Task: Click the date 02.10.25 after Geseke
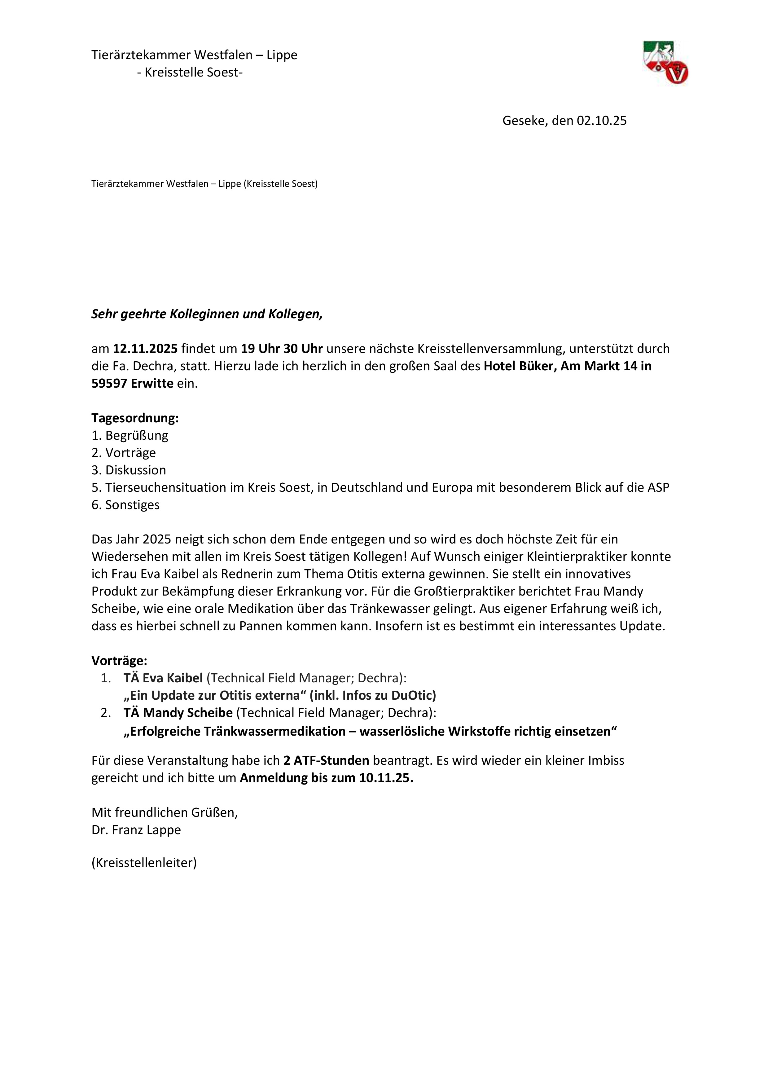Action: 601,121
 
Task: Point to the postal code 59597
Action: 109,384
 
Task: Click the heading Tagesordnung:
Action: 135,418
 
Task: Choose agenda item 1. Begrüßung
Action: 130,436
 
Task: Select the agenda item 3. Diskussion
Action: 129,470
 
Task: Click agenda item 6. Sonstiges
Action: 125,505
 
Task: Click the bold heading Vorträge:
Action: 119,660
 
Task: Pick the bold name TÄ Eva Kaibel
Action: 163,678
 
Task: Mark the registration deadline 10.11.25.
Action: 386,778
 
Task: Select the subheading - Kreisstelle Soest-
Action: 189,73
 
